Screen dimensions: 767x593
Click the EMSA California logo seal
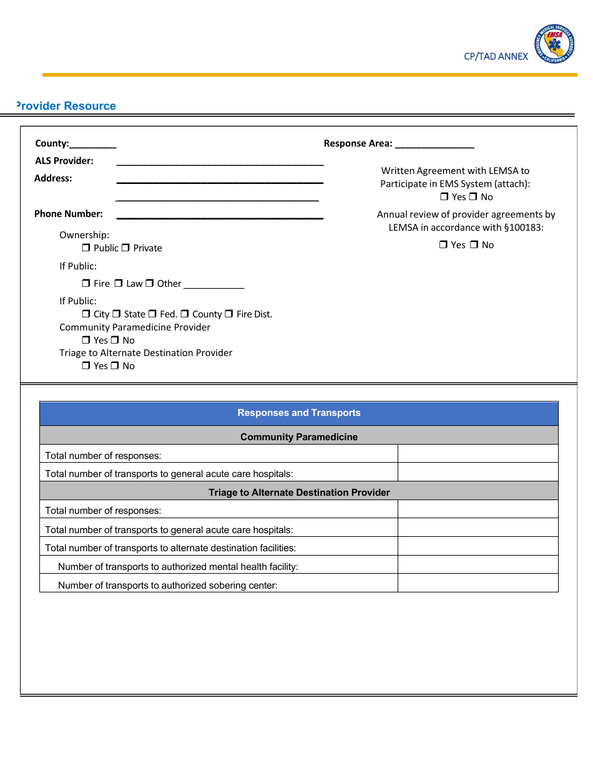[x=554, y=44]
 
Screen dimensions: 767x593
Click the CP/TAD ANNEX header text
[x=496, y=56]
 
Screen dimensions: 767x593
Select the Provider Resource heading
[x=66, y=106]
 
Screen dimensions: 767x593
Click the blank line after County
[x=93, y=145]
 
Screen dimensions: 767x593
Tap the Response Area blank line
[x=434, y=145]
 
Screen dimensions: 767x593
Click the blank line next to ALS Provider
[x=220, y=163]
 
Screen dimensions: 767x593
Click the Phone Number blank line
[x=220, y=216]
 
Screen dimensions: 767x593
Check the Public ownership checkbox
[x=86, y=248]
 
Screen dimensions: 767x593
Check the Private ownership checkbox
[x=125, y=248]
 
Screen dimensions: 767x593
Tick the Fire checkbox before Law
[x=86, y=284]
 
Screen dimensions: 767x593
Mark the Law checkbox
[x=119, y=284]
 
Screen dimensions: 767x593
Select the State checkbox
[x=116, y=314]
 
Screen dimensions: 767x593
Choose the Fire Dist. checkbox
[x=229, y=314]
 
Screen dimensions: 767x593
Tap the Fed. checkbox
[x=152, y=314]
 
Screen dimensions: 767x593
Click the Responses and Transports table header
[x=299, y=413]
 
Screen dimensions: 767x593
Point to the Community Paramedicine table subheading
[x=299, y=437]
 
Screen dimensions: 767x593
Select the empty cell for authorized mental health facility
[x=478, y=565]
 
